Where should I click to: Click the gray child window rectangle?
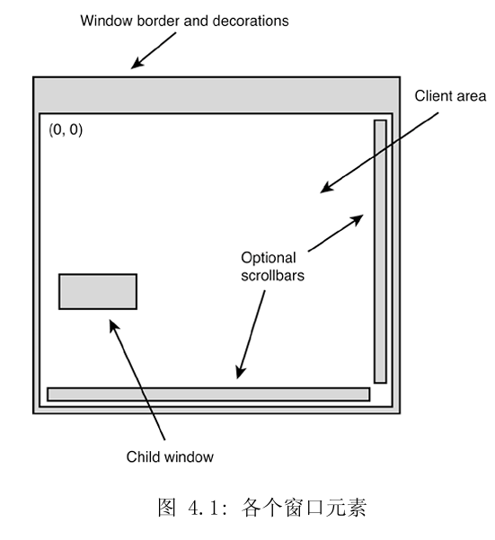click(x=98, y=291)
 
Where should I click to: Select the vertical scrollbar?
click(x=380, y=251)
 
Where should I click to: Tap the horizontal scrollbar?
click(x=208, y=394)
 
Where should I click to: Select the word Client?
click(x=433, y=94)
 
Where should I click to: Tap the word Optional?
click(x=269, y=259)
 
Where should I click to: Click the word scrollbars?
click(x=273, y=276)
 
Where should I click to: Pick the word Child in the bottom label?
click(x=142, y=457)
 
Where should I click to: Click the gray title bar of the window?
click(x=216, y=93)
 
